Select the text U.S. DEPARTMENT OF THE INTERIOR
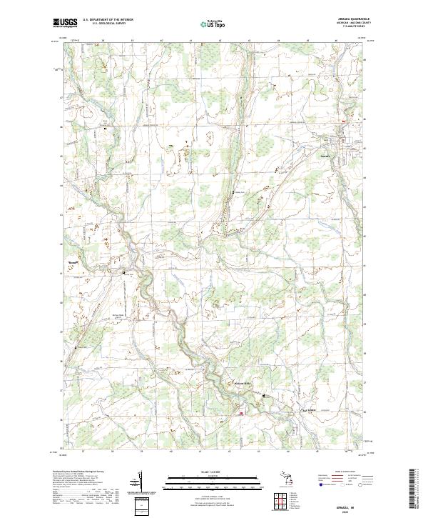point(108,19)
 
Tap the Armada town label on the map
point(325,155)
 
